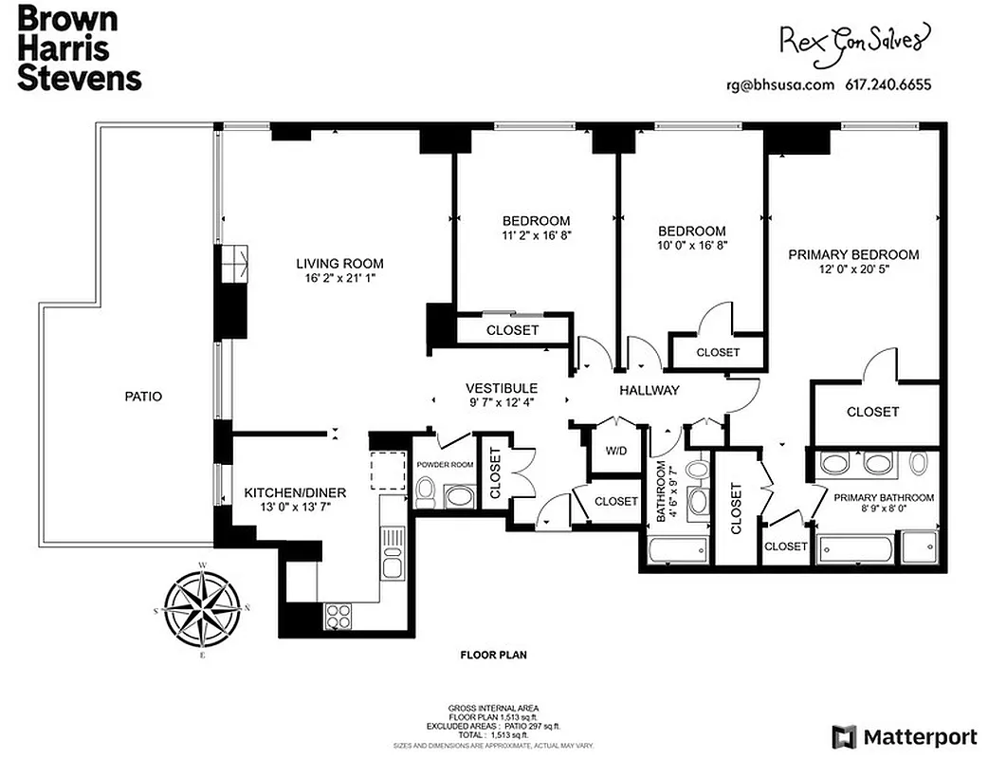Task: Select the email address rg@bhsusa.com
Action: (x=779, y=84)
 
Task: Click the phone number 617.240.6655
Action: (x=888, y=84)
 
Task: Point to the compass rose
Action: (x=202, y=608)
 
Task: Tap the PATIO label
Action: (x=143, y=396)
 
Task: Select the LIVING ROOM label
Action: (x=339, y=264)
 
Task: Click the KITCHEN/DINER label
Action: (x=295, y=492)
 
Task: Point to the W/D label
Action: (x=616, y=451)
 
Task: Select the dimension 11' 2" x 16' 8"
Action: (x=537, y=234)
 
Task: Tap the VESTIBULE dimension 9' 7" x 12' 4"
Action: (x=502, y=402)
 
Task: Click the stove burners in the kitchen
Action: (x=338, y=616)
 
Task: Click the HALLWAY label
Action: (x=650, y=390)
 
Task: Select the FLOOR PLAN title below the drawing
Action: (x=493, y=655)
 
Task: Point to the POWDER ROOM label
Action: (x=445, y=465)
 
